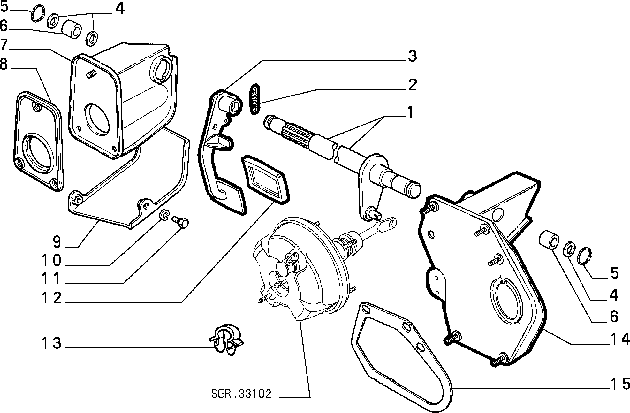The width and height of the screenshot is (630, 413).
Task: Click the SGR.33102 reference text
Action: click(x=241, y=394)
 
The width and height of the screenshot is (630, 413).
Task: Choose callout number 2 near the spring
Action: click(x=412, y=85)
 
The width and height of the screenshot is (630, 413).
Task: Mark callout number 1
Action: click(x=410, y=112)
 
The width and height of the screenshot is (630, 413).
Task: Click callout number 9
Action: click(x=57, y=242)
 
